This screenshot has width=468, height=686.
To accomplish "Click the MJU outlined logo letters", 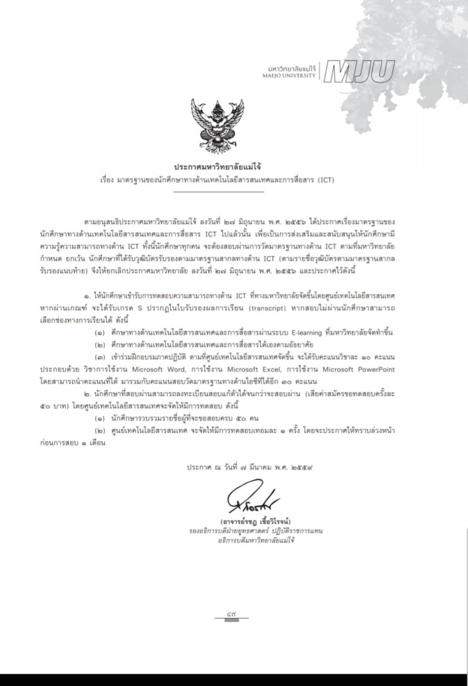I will click(x=359, y=71).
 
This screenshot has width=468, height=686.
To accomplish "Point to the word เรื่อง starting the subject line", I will click(x=107, y=180).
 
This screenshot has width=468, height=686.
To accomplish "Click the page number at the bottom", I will click(x=231, y=614).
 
